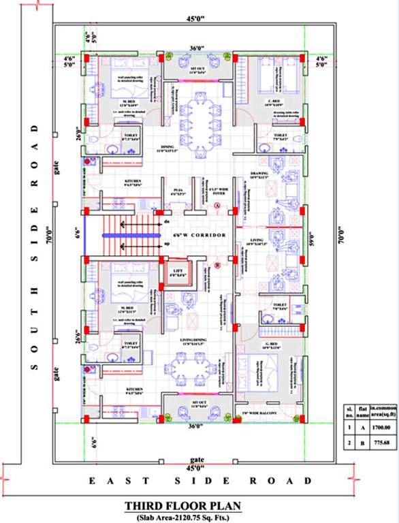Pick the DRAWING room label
(278, 175)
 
